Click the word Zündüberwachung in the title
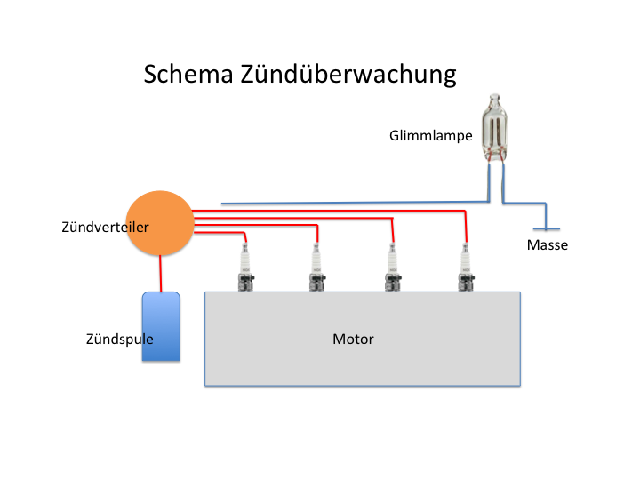348,74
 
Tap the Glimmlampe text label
430,136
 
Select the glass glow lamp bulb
495,126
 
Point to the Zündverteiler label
105,227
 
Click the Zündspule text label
120,339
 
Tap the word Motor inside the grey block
353,339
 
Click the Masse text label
547,245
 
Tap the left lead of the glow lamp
488,178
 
